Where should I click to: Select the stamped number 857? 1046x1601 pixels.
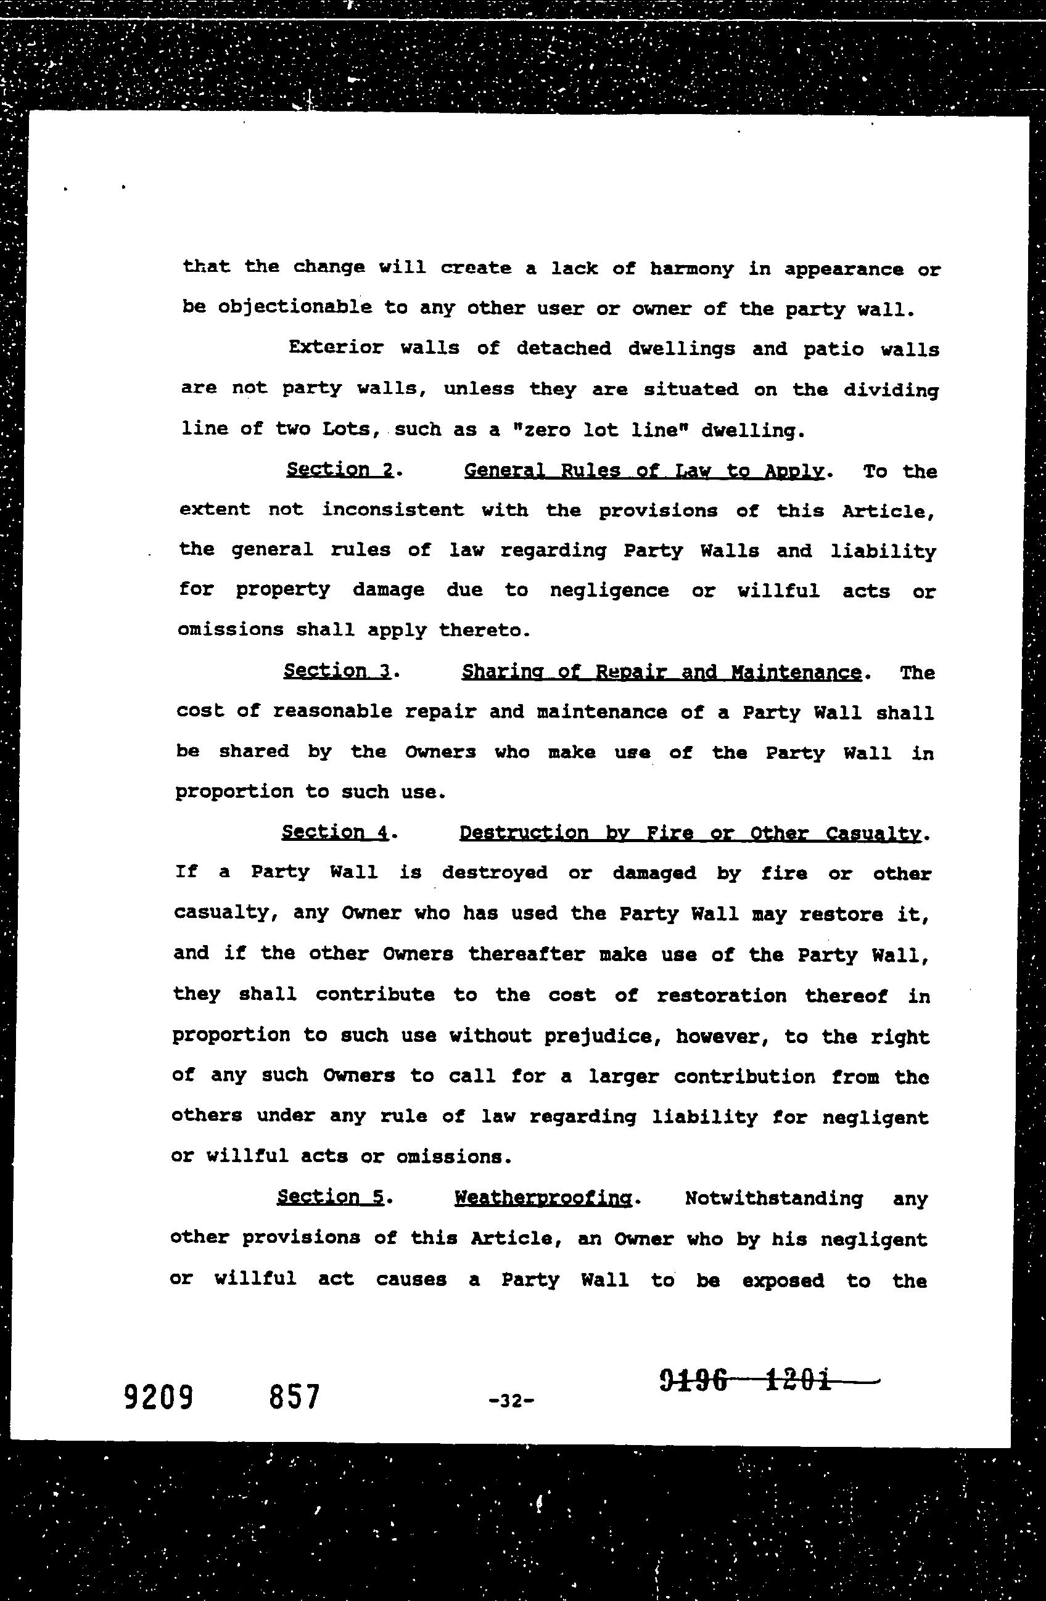(x=294, y=1397)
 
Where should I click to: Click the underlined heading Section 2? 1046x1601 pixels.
(x=340, y=469)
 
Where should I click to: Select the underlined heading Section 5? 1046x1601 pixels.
(x=331, y=1197)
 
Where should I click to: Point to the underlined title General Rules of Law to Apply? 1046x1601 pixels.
(x=644, y=470)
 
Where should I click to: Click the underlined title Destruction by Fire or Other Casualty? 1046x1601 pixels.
(x=690, y=833)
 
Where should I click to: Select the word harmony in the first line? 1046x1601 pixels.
(x=691, y=268)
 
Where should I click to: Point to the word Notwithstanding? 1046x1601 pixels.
(x=773, y=1198)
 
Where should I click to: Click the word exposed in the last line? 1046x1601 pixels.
(x=783, y=1280)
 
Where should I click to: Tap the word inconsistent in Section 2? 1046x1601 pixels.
(x=392, y=509)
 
